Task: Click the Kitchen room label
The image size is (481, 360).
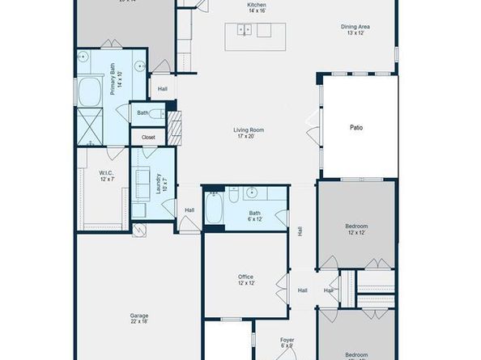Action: (257, 8)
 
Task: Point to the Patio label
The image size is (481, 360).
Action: (356, 128)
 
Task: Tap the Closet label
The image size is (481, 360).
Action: (148, 138)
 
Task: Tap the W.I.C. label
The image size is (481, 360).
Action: (107, 176)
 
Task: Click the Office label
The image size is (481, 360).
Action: (246, 280)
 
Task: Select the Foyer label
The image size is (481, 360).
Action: (287, 342)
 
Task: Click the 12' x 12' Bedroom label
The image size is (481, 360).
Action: (356, 229)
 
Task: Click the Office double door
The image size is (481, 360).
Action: (283, 288)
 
